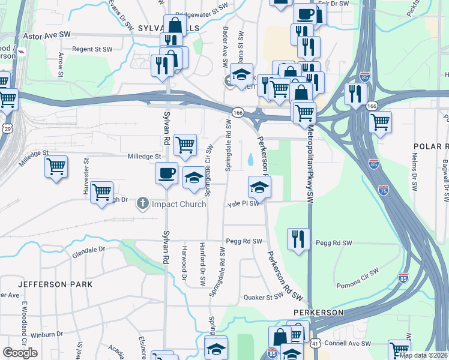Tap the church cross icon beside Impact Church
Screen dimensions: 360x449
143,203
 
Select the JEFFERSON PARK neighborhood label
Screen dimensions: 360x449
55,283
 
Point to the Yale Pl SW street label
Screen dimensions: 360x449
243,203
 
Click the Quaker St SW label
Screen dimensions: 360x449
262,297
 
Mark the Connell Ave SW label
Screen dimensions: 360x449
347,343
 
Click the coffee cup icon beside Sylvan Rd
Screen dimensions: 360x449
166,173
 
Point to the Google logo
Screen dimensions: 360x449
20,353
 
